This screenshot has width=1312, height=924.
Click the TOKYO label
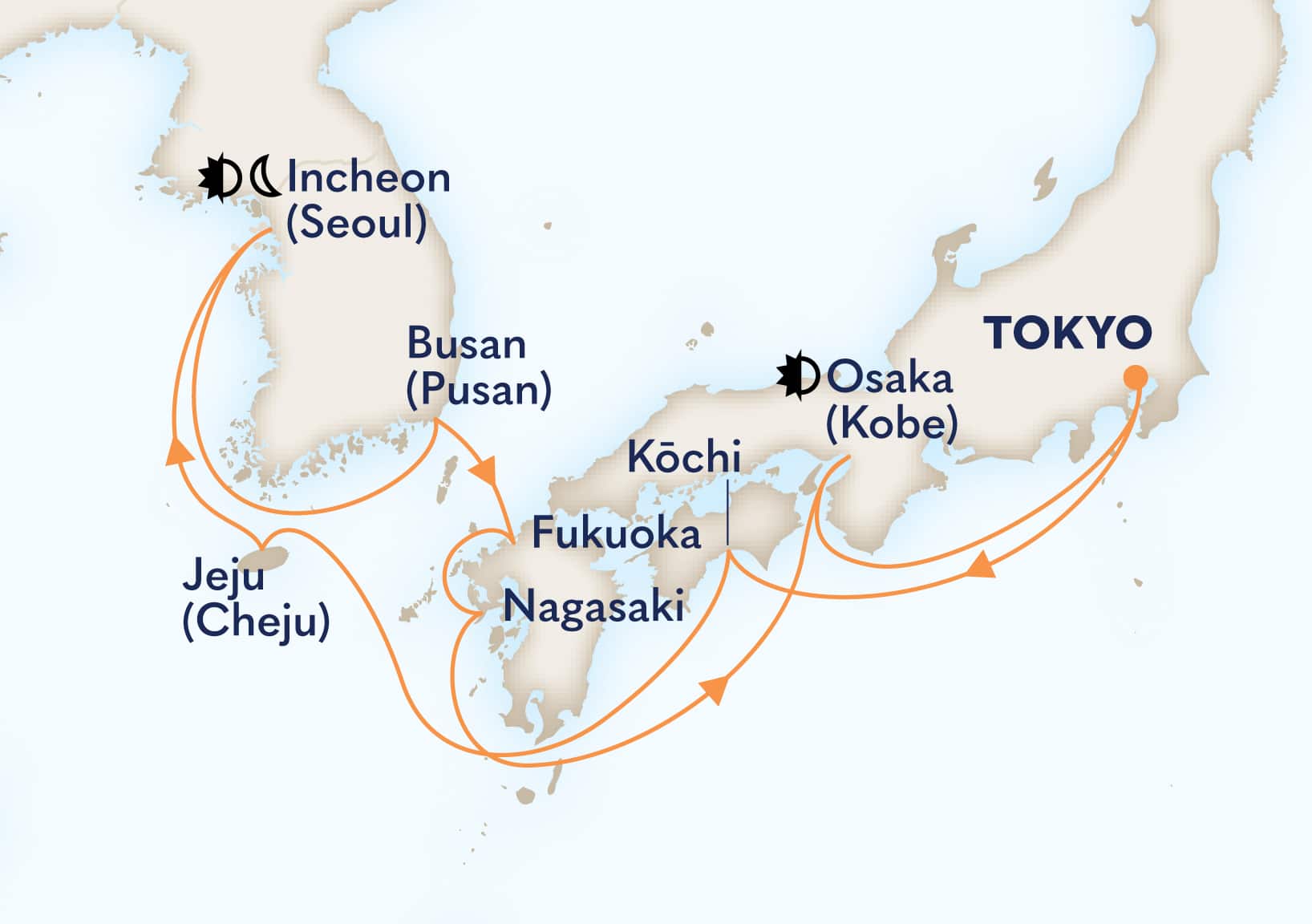1067,332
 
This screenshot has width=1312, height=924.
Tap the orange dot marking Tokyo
1135,377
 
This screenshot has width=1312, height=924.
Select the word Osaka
889,378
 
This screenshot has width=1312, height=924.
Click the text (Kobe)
892,423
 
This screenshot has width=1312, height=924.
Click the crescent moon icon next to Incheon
265,177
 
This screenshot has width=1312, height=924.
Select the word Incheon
369,177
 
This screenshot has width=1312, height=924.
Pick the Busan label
467,344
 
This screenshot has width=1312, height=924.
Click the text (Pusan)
479,390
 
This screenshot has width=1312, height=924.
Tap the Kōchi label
683,457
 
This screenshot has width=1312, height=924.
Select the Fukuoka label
616,533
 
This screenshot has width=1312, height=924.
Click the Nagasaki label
593,606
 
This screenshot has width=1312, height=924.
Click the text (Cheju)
256,622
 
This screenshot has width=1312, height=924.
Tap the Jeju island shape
270,555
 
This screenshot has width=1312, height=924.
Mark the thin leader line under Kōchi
728,513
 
